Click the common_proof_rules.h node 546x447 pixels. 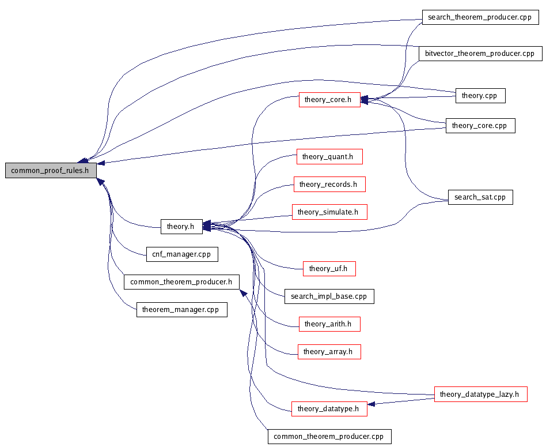(x=51, y=171)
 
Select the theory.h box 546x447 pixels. (x=181, y=227)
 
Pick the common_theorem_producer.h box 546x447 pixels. (x=181, y=282)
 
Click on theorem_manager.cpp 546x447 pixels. (x=181, y=310)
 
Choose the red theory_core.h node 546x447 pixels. (x=328, y=100)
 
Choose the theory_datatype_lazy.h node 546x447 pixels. (x=480, y=395)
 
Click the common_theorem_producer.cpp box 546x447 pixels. (x=329, y=437)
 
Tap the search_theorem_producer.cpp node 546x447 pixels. (x=480, y=17)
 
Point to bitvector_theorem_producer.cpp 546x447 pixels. (x=480, y=54)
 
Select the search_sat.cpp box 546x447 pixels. (x=480, y=197)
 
